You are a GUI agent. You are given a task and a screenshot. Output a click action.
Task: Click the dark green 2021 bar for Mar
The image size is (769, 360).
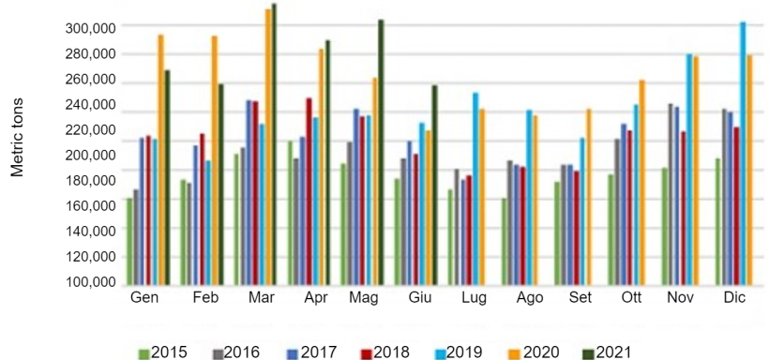coord(274,145)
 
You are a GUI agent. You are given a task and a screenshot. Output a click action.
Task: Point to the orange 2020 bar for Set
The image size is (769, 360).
coord(588,198)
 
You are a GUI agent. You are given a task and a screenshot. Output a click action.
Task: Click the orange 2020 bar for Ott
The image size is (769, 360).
coord(642,184)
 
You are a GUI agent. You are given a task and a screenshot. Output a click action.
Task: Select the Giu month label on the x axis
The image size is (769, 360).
coord(420,298)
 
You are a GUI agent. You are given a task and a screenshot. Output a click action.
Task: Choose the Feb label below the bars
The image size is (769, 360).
coord(205,298)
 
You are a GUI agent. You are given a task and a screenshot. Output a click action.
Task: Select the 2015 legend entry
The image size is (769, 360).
coord(163,352)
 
